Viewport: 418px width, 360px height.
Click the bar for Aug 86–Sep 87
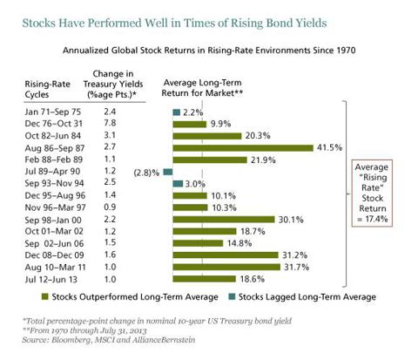click(243, 148)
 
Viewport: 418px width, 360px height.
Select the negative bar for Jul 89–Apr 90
click(168, 172)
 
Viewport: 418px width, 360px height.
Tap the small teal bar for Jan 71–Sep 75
click(177, 112)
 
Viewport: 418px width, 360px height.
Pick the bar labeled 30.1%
click(224, 220)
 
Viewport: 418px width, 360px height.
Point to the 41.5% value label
click(329, 147)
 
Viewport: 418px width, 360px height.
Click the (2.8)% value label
click(146, 173)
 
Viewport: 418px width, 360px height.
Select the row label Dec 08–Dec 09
click(54, 255)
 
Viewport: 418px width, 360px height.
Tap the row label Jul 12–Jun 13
click(51, 279)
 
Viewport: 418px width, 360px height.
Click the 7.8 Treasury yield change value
click(110, 123)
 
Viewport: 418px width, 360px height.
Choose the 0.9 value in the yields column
click(110, 207)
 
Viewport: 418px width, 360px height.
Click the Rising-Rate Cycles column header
click(47, 89)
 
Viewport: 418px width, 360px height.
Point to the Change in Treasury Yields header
click(113, 84)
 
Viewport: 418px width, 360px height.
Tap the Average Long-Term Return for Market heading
click(202, 88)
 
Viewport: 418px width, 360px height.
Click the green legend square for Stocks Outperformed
click(44, 296)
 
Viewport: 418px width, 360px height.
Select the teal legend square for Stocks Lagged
click(232, 296)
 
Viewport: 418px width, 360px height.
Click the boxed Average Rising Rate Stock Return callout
click(372, 193)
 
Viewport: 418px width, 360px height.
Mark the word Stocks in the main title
click(39, 23)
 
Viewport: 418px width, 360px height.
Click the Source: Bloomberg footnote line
click(109, 340)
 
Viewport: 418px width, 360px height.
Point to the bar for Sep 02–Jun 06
click(198, 243)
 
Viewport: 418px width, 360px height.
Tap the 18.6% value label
click(253, 279)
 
